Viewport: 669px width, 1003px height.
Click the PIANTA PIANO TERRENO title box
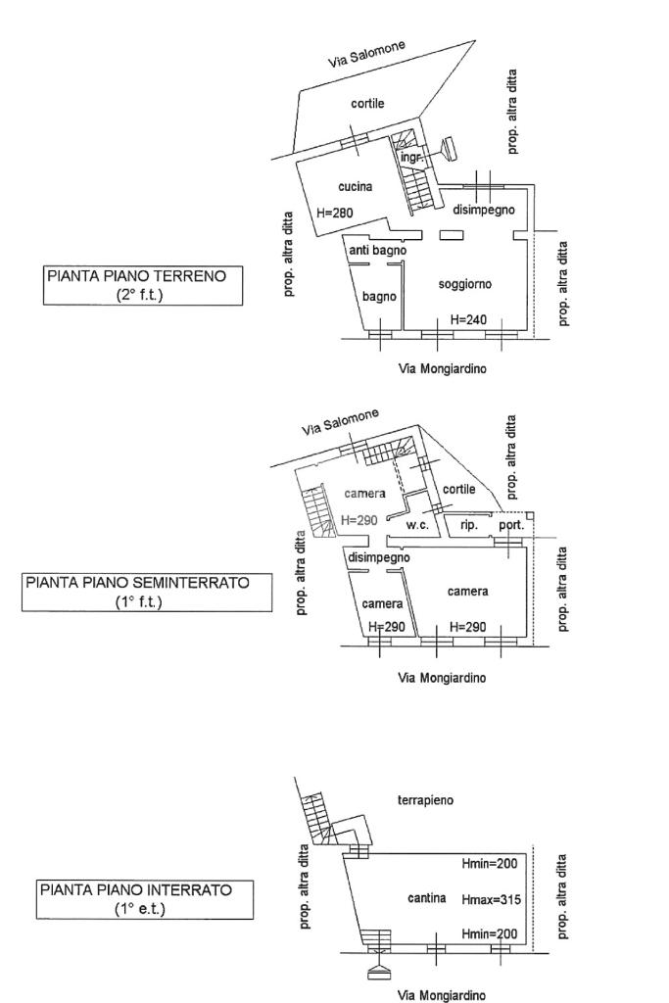click(x=144, y=285)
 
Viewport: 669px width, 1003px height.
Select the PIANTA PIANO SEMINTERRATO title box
click(x=146, y=592)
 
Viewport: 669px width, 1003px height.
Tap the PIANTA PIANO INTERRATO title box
click(x=144, y=899)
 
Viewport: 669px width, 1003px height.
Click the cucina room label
click(x=355, y=186)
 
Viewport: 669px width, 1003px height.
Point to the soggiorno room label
click(x=464, y=284)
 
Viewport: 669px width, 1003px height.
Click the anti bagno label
click(x=377, y=252)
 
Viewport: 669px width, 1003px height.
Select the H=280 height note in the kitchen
click(x=335, y=212)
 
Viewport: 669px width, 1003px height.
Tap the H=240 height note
click(x=468, y=319)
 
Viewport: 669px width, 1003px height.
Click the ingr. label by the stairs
click(x=411, y=157)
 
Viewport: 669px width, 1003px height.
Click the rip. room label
click(x=469, y=525)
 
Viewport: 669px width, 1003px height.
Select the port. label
click(x=511, y=525)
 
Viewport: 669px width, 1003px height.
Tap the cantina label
click(x=427, y=898)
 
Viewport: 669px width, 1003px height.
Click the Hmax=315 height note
click(x=489, y=898)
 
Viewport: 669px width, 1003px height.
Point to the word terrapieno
click(x=425, y=800)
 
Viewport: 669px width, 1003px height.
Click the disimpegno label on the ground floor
click(x=484, y=210)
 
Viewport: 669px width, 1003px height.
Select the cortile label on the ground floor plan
click(x=367, y=104)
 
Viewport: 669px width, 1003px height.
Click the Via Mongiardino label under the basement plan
click(x=441, y=994)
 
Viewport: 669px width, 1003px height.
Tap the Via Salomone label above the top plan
click(x=365, y=55)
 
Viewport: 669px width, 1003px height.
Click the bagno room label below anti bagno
click(x=379, y=297)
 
